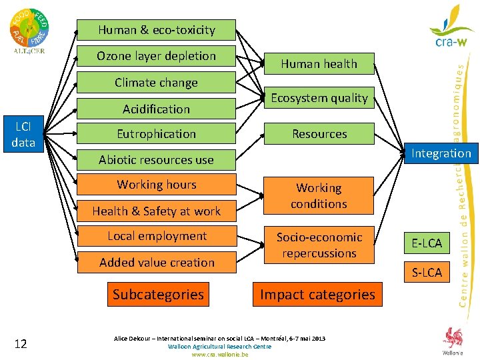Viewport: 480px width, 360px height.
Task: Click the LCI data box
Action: click(23, 134)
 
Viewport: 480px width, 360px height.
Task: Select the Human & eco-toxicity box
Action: click(156, 30)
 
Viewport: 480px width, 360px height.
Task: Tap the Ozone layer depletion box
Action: click(156, 56)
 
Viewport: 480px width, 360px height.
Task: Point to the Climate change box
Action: click(156, 83)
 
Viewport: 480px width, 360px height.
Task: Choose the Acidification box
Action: click(156, 109)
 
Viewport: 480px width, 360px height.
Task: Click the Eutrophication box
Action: click(156, 134)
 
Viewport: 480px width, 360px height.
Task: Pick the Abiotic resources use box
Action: click(156, 160)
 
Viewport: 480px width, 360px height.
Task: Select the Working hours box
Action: click(156, 185)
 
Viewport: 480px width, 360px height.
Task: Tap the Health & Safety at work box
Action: click(156, 211)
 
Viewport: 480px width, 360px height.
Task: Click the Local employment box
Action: click(156, 236)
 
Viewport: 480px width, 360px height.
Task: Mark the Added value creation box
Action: click(156, 263)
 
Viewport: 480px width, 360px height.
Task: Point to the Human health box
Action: click(319, 64)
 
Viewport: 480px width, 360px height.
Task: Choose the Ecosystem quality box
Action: click(319, 98)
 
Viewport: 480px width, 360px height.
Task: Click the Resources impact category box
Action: click(319, 134)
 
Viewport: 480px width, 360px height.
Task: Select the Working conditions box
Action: click(319, 196)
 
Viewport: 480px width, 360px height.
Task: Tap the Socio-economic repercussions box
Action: click(319, 245)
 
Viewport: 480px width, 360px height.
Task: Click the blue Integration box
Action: click(441, 153)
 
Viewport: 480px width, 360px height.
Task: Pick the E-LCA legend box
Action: click(427, 243)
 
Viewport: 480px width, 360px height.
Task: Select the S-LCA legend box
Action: click(427, 272)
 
